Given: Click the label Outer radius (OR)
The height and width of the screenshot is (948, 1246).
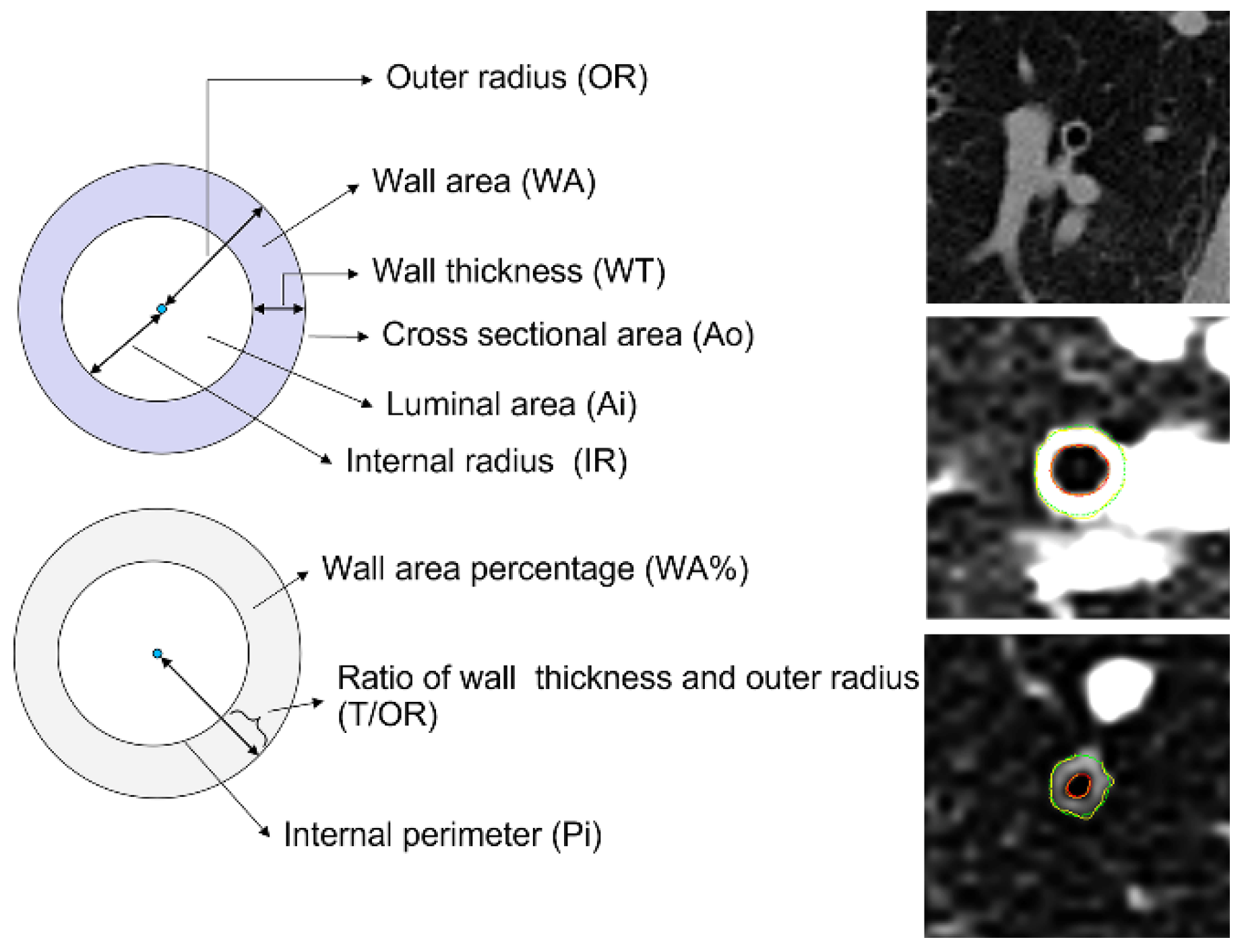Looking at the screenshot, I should [516, 78].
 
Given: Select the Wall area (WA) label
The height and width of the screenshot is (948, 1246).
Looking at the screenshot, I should [484, 181].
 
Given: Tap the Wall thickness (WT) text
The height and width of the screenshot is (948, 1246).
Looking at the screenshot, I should [518, 271].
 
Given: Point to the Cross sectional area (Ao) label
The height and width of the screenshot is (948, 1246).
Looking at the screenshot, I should [567, 334].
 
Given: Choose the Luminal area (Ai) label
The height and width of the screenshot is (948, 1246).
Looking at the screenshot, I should [511, 405].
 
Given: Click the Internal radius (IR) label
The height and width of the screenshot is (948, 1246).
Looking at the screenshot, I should [486, 461].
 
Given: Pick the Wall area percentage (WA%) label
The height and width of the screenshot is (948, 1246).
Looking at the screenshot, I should [535, 569].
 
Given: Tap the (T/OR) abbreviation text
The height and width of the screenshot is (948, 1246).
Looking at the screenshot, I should [387, 715].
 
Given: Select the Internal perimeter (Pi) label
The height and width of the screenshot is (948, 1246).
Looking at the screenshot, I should [442, 835].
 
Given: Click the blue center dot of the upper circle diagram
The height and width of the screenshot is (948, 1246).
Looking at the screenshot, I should [161, 309].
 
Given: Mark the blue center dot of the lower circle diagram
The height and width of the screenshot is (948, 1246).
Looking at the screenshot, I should [157, 653].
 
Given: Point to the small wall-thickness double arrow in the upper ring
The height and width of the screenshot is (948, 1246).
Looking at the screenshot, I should [278, 309].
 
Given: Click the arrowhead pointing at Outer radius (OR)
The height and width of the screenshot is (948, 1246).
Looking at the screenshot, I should [367, 80].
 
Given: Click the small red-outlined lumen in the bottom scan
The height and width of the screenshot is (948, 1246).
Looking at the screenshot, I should [1079, 786].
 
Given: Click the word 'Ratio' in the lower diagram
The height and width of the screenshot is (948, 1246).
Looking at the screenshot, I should [369, 678].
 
